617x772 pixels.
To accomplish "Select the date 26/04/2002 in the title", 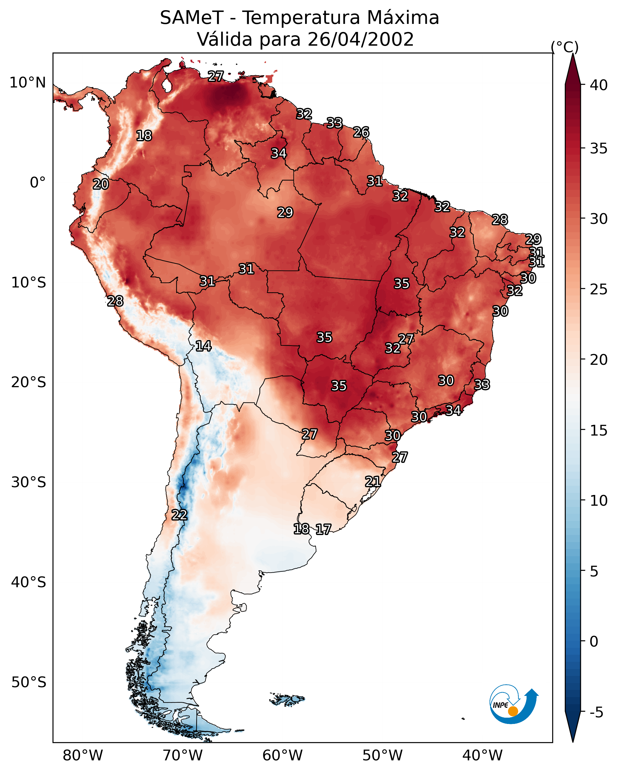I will [360, 39].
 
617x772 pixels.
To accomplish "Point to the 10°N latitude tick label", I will [27, 83].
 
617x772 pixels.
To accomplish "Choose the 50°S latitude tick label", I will [28, 682].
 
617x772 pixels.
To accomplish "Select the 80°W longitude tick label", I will [83, 756].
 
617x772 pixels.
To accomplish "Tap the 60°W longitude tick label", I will [283, 756].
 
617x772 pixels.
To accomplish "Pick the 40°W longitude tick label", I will [482, 756].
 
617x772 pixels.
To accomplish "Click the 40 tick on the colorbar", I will [598, 85].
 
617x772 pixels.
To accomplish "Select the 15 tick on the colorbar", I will [598, 430].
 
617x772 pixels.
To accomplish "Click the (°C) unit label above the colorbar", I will [565, 47].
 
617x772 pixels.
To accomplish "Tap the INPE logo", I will [513, 704].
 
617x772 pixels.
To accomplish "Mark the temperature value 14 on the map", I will [203, 346].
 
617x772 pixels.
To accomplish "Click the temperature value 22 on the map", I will [179, 515].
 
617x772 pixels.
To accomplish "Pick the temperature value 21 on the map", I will [373, 481].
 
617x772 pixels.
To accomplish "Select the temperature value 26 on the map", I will [361, 132].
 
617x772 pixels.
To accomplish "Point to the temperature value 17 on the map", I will [323, 529].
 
